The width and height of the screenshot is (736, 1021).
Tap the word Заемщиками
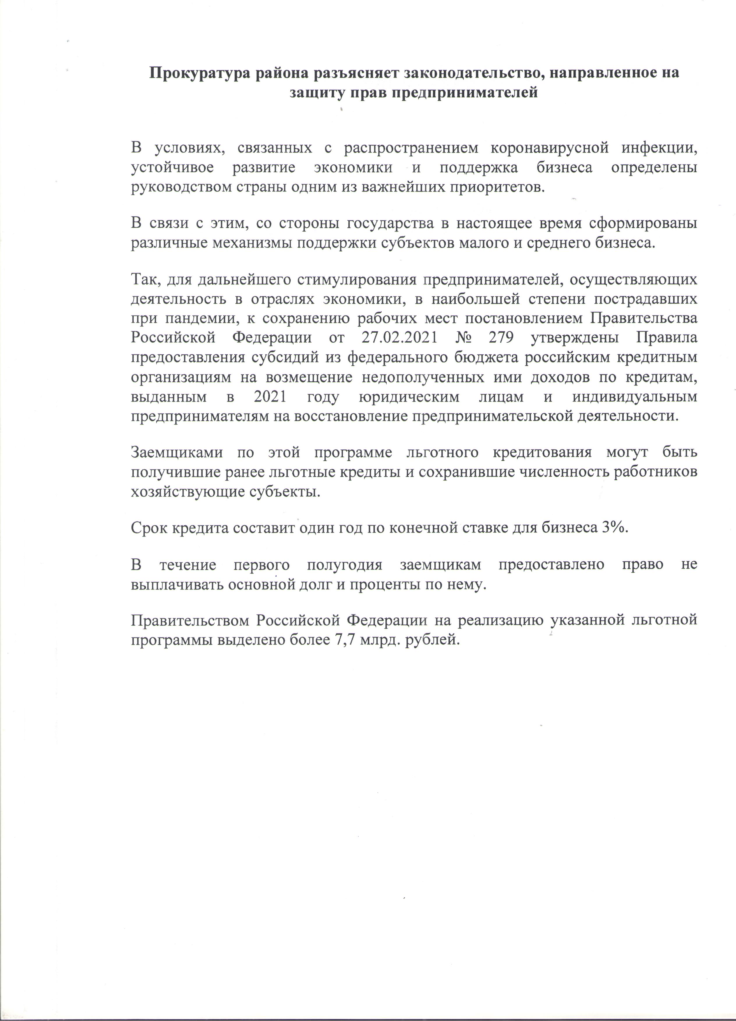point(176,452)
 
